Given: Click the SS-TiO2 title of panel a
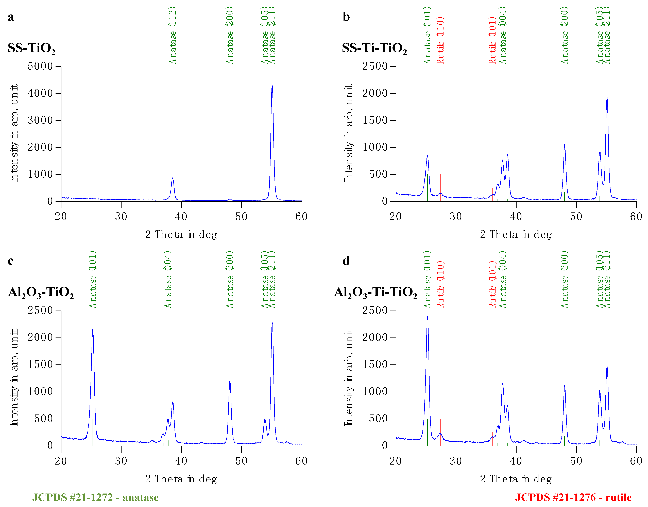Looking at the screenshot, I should pyautogui.click(x=31, y=48).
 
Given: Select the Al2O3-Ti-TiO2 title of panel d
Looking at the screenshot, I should pyautogui.click(x=376, y=293).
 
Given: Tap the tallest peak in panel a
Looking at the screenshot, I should pyautogui.click(x=272, y=85).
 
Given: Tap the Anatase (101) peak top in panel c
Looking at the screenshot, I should pyautogui.click(x=93, y=329).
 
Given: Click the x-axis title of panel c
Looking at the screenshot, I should pyautogui.click(x=181, y=479).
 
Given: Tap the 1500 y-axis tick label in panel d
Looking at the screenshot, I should pyautogui.click(x=375, y=365).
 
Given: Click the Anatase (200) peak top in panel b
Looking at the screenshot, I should pyautogui.click(x=565, y=145).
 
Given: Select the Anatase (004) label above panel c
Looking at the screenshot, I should pyautogui.click(x=168, y=279).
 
